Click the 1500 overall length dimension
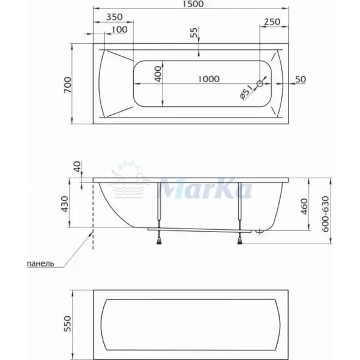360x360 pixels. coord(194,4)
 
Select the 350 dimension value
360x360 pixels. coord(115,17)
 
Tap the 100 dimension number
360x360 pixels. coord(119,29)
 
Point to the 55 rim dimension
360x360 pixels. coord(194,32)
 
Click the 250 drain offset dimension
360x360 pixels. coord(272,22)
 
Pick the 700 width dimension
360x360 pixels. coord(68,85)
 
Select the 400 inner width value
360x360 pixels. coord(158,74)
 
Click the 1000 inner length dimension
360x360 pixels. coord(209,79)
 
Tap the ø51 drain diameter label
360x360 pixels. coord(246,92)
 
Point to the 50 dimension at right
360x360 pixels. coord(301,79)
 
